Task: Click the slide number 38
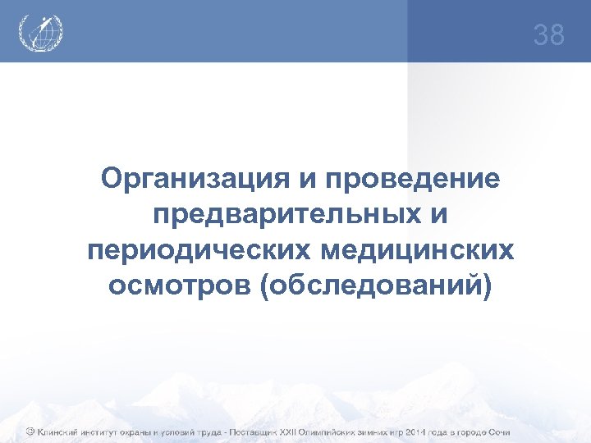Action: click(x=548, y=35)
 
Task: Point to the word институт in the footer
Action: click(x=107, y=432)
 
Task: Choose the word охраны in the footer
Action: click(x=153, y=432)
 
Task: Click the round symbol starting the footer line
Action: click(x=29, y=432)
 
